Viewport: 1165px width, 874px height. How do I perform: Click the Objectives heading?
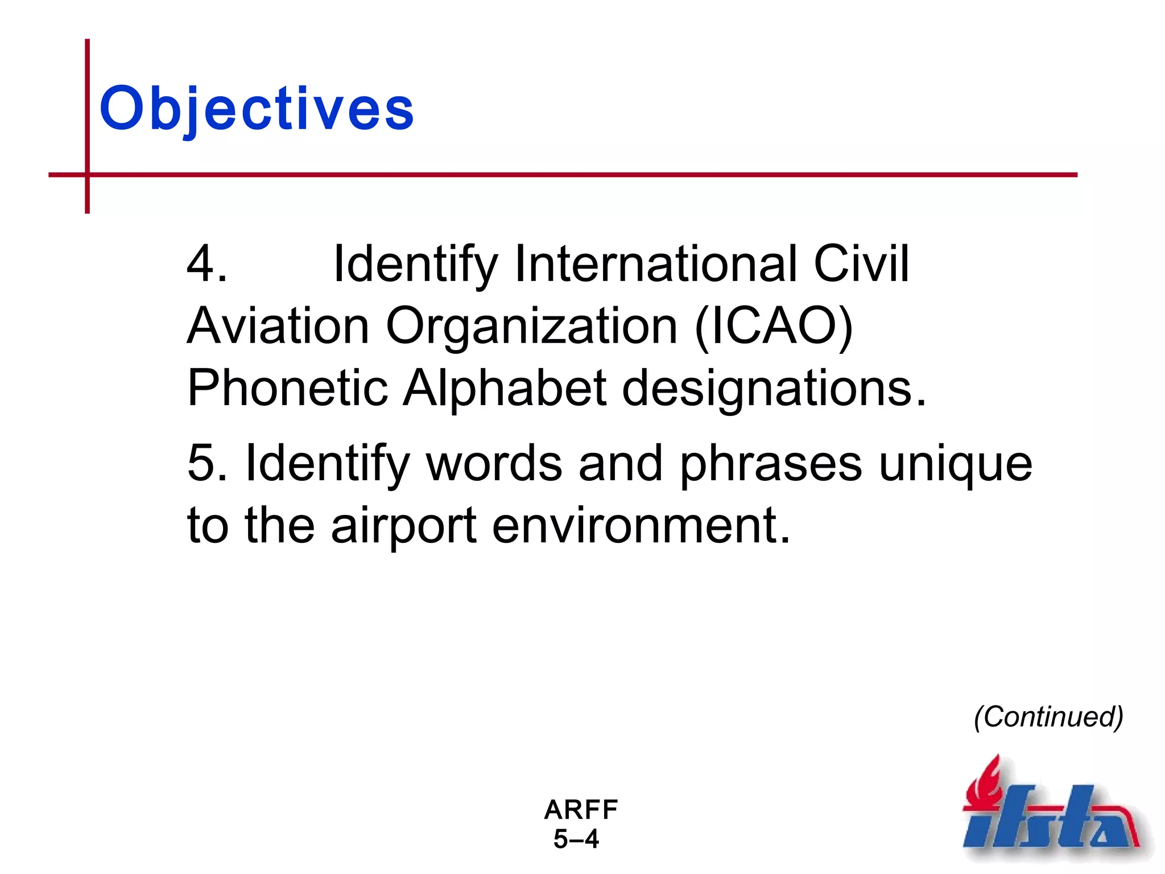click(x=257, y=108)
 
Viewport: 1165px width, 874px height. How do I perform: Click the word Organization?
click(x=531, y=327)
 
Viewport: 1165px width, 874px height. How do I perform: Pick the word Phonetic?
click(x=287, y=388)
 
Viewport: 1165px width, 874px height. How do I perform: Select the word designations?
click(x=774, y=389)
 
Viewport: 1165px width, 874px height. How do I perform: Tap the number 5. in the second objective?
click(x=208, y=463)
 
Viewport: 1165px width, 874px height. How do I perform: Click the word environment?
click(x=641, y=525)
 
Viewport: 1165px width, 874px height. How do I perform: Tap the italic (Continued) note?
click(x=1048, y=717)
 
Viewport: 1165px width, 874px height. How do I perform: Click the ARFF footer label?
click(x=581, y=810)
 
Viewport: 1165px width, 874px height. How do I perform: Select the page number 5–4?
click(x=576, y=839)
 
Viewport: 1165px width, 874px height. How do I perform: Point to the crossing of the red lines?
click(x=88, y=175)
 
